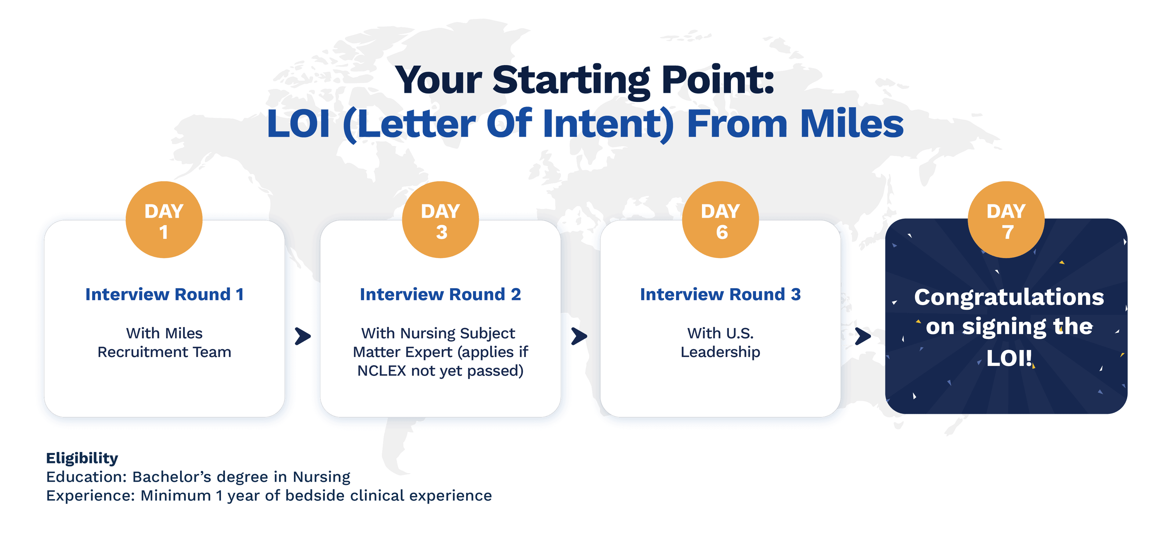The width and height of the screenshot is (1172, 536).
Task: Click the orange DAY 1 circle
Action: point(164,220)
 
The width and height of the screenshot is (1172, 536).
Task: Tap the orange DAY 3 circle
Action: point(440,220)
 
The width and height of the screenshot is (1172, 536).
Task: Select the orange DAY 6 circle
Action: point(721,220)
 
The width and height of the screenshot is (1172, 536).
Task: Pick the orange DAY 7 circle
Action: point(1006,220)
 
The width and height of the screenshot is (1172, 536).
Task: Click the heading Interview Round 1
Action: point(164,295)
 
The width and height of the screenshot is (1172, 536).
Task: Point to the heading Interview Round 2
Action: point(440,295)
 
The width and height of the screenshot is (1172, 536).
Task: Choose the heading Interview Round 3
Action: point(720,295)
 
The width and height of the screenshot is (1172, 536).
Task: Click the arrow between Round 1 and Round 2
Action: point(302,336)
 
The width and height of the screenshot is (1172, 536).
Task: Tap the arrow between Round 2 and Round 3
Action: point(579,336)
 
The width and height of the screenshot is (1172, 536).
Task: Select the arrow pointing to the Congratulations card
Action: point(863,336)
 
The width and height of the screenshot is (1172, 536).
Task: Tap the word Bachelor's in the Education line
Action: point(172,477)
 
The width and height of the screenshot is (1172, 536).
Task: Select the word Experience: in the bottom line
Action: point(91,495)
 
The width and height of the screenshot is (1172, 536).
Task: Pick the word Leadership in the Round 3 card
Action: point(720,352)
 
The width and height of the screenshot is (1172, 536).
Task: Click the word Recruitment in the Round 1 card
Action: point(143,352)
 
